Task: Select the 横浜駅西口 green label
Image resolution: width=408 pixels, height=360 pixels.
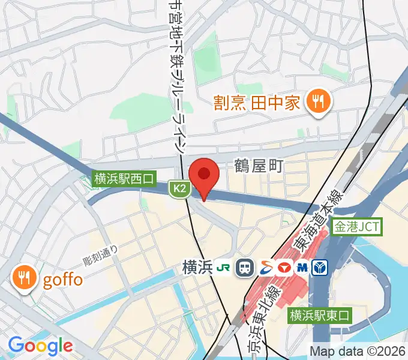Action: tap(124, 178)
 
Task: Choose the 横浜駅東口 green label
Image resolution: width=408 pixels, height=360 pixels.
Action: tap(319, 314)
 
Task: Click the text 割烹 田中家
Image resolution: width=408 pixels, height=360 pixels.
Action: tap(257, 103)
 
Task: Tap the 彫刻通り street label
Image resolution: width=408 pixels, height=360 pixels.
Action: tap(100, 256)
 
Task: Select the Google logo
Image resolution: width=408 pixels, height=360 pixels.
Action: tap(40, 346)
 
